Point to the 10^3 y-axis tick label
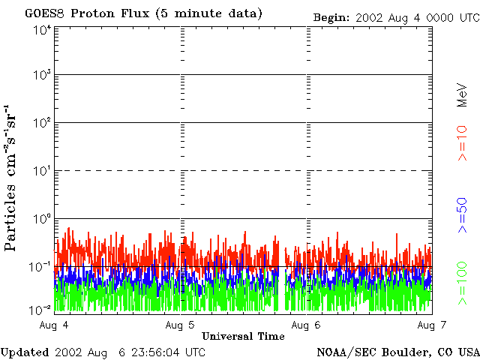(x=41, y=76)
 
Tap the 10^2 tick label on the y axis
(x=41, y=123)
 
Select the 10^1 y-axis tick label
(x=41, y=171)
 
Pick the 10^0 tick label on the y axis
(x=41, y=219)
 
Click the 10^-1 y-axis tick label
(x=40, y=266)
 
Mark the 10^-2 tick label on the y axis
(x=40, y=309)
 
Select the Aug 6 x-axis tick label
(x=306, y=325)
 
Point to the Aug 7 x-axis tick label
(x=430, y=325)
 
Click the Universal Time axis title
(x=243, y=336)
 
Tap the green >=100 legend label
(x=462, y=283)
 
